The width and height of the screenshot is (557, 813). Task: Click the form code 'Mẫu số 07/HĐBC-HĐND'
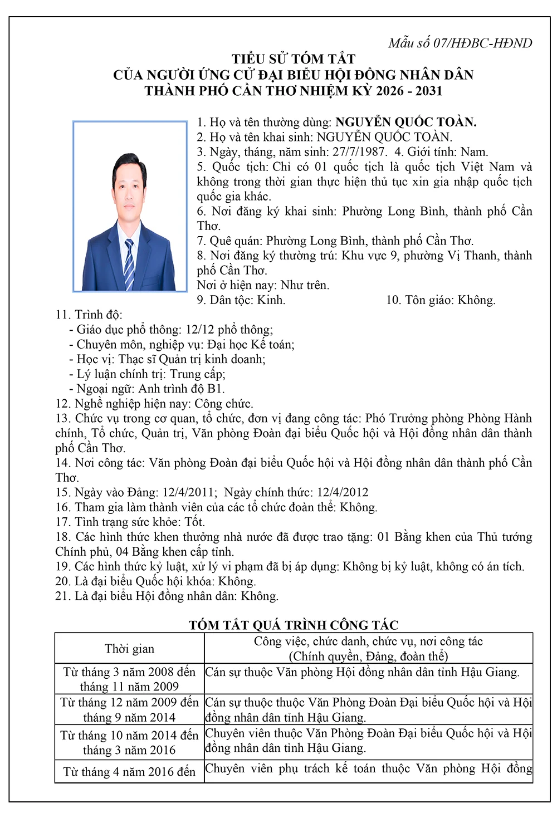(460, 43)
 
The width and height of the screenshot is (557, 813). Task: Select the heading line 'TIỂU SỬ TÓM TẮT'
(294, 58)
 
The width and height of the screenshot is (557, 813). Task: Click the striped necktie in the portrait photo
(129, 262)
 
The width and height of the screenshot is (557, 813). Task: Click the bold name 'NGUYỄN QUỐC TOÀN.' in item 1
(405, 122)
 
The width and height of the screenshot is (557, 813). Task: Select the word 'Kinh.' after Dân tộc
(271, 300)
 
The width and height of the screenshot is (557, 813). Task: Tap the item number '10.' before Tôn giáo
(394, 300)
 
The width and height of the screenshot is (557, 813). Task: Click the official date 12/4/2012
(343, 492)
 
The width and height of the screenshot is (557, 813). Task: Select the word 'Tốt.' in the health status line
(194, 522)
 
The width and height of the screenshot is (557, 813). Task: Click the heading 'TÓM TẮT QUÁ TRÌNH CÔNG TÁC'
(294, 625)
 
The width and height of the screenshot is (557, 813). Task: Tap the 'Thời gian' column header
(129, 648)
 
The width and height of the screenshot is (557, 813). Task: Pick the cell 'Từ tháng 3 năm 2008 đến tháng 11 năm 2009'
(129, 679)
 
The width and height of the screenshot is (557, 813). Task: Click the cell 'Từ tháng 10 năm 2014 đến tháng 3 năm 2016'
(129, 742)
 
